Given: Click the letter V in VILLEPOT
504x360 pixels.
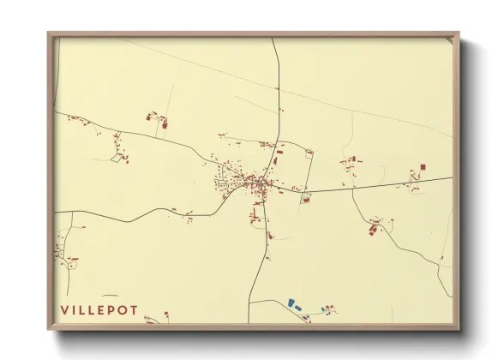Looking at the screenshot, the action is tap(63, 309).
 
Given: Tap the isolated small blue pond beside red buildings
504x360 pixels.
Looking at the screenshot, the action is tap(323, 309).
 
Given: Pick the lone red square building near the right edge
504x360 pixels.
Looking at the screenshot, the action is tap(423, 167).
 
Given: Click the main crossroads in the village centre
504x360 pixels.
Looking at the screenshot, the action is tap(263, 183).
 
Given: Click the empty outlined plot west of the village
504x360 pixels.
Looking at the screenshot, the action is tap(117, 158).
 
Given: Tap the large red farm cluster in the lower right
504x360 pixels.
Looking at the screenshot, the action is tap(374, 228).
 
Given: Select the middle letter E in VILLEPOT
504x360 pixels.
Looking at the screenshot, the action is tap(97, 309).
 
